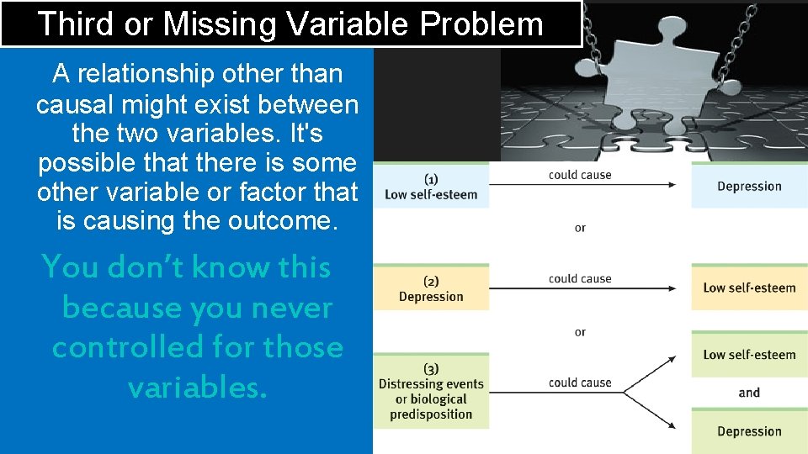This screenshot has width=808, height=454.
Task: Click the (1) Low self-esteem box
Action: pos(431,187)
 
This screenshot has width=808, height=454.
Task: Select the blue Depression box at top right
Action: pos(749,186)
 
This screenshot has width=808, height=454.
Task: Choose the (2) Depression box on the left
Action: pos(431,288)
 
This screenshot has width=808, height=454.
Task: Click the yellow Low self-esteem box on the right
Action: pos(749,288)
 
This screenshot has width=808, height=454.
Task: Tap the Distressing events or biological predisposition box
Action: pos(431,392)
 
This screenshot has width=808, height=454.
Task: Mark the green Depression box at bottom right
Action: pos(749,431)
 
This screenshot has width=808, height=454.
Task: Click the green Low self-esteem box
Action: pos(749,354)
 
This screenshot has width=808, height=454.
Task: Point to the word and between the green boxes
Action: pos(749,393)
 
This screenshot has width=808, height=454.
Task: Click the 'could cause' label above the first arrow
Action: pos(580,175)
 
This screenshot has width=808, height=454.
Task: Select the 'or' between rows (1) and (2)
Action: pos(580,228)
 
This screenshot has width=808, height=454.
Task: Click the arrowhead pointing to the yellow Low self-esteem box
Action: pos(671,288)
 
